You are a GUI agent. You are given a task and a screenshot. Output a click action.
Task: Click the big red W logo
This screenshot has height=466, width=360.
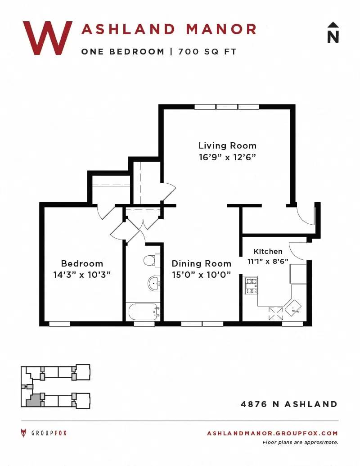[x=48, y=38]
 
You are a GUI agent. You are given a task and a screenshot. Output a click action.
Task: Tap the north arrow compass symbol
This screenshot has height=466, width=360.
[x=333, y=33]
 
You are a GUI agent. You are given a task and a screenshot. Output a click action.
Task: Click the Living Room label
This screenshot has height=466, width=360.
[x=228, y=145]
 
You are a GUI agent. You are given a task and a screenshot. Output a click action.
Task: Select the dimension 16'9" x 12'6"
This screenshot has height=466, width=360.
[x=228, y=157]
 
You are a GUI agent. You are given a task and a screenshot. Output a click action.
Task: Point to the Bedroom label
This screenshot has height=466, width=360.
[x=82, y=263]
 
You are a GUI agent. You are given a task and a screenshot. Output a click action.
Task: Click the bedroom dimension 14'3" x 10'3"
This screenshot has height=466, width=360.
[x=82, y=275]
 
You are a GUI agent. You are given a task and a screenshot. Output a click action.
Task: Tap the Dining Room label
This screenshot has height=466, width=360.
[x=202, y=263]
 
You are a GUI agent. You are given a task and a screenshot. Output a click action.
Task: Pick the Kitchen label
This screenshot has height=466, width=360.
[x=268, y=251]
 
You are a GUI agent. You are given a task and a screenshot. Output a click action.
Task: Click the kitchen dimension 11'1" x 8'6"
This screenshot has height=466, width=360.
[x=268, y=262]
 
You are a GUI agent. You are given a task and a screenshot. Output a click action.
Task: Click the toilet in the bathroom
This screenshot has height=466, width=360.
[x=152, y=260]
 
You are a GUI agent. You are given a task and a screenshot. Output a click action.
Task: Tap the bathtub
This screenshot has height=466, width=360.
[x=144, y=312]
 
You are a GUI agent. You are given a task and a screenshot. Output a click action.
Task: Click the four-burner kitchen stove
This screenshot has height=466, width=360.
[x=251, y=285]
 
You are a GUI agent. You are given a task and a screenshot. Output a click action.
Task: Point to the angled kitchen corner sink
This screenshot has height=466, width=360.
[x=293, y=308]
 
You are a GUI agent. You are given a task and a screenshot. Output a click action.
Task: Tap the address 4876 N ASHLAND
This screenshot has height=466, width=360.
[x=289, y=404]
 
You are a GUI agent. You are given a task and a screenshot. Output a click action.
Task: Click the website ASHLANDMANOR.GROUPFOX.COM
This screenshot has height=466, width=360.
[x=272, y=433]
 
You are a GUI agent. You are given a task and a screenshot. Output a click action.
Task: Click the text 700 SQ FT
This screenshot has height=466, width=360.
[x=207, y=52]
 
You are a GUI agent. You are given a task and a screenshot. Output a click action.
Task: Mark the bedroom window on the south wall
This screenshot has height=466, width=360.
[x=59, y=324]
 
